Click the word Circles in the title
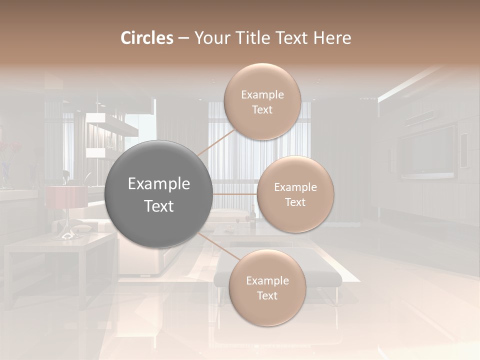pyautogui.click(x=147, y=38)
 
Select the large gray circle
pyautogui.click(x=158, y=194)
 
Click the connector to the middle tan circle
pyautogui.click(x=234, y=194)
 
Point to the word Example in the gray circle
pyautogui.click(x=158, y=184)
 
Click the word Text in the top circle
pyautogui.click(x=262, y=109)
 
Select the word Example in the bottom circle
pyautogui.click(x=267, y=280)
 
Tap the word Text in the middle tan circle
pyautogui.click(x=295, y=202)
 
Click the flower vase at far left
pyautogui.click(x=5, y=172)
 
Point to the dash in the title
pyautogui.click(x=183, y=38)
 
